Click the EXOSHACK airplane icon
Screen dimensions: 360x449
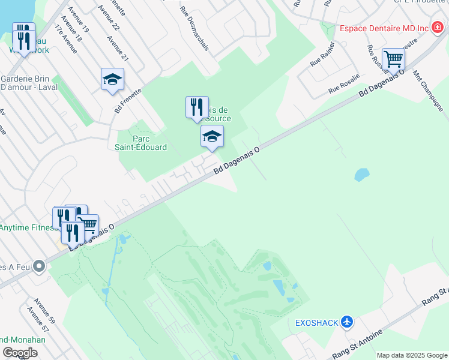pos(346,322)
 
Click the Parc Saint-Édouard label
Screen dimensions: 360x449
pos(141,143)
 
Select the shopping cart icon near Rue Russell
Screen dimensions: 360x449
pos(393,59)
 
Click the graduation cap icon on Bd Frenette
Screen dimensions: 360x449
pos(112,80)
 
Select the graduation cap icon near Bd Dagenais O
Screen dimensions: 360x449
pos(211,137)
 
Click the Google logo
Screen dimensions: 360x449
pos(20,353)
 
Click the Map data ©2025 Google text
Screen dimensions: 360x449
pos(412,355)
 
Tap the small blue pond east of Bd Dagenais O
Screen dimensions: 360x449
pos(361,175)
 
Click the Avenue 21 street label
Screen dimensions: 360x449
pos(117,48)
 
